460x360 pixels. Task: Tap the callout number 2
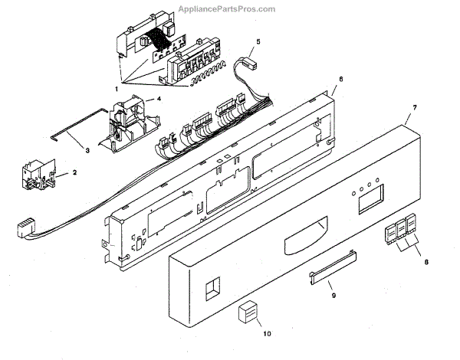click(x=75, y=173)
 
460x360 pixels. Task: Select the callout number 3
click(x=87, y=150)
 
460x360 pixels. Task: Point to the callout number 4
click(x=158, y=99)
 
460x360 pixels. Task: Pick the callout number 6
click(x=340, y=80)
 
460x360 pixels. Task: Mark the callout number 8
click(x=426, y=261)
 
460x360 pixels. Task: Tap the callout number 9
click(x=333, y=294)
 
